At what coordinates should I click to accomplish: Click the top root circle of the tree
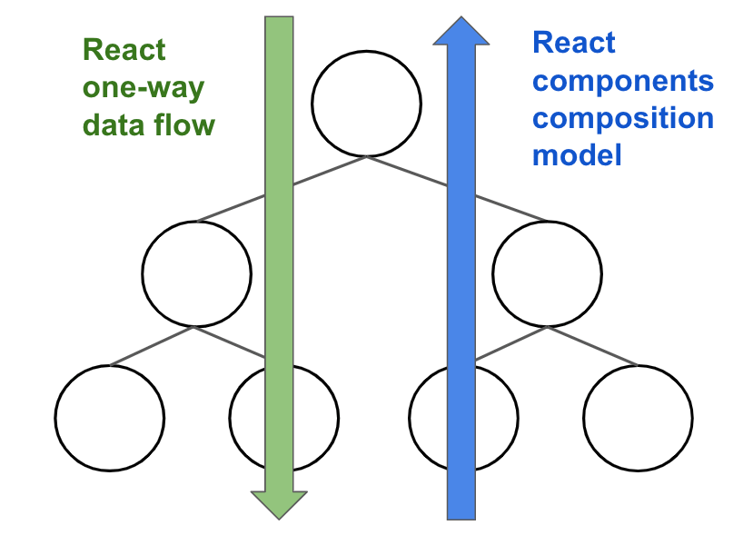coord(366,102)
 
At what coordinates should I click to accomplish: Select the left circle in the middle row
coord(196,272)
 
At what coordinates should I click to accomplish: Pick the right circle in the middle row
coord(547,272)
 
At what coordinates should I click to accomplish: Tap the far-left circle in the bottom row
coord(110,418)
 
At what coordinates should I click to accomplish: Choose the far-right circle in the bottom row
coord(638,418)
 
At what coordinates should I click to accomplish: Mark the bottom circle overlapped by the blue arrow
coord(427,418)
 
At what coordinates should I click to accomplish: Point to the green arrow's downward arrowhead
coord(278,503)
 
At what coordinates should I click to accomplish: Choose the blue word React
coord(573,42)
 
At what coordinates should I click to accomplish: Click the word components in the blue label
coord(622,82)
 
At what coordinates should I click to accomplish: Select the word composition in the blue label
coord(622,119)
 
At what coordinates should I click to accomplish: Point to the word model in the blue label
coord(577,155)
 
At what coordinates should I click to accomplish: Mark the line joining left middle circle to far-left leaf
coord(150,347)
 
